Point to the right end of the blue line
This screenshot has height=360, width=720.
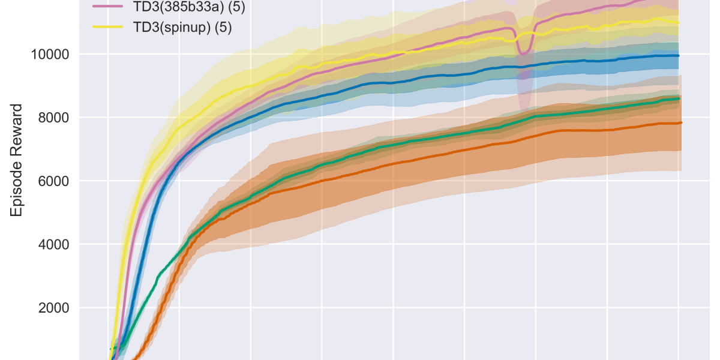[x=679, y=56]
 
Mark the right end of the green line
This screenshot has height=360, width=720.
[x=679, y=98]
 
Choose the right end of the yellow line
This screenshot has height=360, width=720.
[x=679, y=23]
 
